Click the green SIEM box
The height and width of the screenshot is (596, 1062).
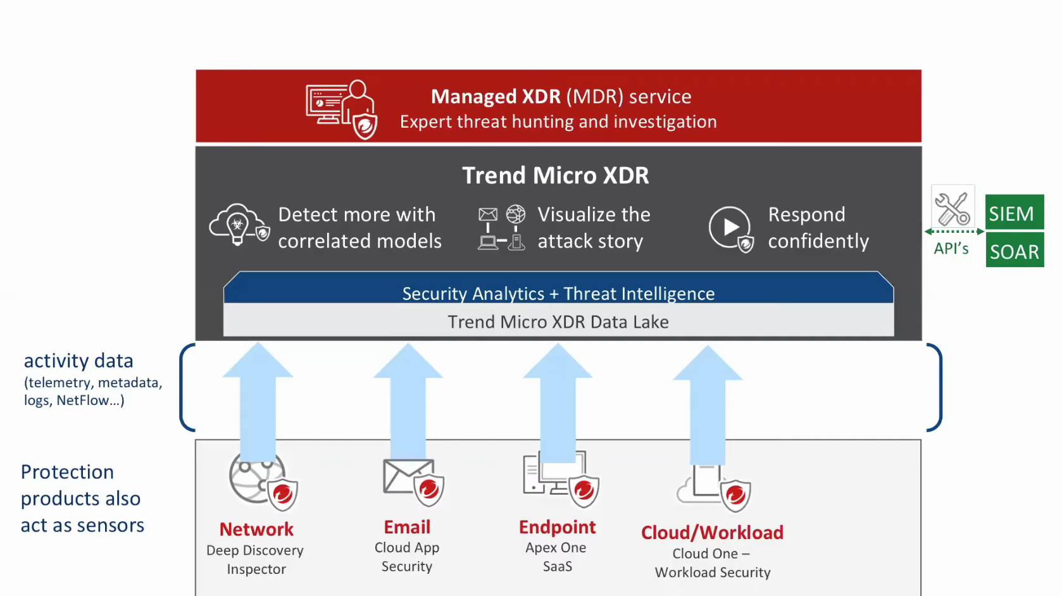tap(1014, 213)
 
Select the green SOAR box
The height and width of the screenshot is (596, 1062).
tap(1014, 251)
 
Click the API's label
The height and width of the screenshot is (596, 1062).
tap(951, 249)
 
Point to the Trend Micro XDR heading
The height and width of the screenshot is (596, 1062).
tap(555, 175)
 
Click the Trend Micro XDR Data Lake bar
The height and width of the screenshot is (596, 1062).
tap(558, 321)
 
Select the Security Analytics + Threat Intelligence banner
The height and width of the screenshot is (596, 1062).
tap(558, 292)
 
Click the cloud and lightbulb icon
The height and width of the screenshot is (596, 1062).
tap(239, 225)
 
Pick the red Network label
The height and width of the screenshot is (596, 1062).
tap(256, 529)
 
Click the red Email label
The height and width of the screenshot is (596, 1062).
tap(407, 527)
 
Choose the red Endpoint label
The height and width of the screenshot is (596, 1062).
tap(557, 527)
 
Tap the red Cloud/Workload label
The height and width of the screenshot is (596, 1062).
tap(712, 533)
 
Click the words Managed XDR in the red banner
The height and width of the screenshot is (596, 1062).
tap(496, 96)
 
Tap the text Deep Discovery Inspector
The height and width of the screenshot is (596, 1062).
tap(255, 559)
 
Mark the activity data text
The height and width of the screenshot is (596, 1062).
tap(78, 361)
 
